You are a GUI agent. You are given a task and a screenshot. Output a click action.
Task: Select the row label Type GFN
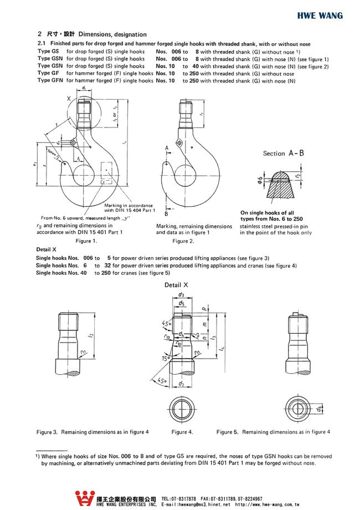pyautogui.click(x=49, y=80)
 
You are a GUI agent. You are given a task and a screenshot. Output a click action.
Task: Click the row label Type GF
pyautogui.click(x=48, y=73)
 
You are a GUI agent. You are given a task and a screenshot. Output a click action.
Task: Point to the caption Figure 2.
pyautogui.click(x=183, y=241)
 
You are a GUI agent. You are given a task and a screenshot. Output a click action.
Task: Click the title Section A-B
pyautogui.click(x=283, y=154)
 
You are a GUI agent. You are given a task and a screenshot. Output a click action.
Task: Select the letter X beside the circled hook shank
pyautogui.click(x=69, y=98)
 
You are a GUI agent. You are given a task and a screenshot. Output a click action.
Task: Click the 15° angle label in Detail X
pyautogui.click(x=166, y=359)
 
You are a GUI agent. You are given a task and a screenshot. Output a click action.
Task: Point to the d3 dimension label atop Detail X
pyautogui.click(x=182, y=295)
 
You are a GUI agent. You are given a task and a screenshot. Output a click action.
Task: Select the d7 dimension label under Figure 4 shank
pyautogui.click(x=181, y=384)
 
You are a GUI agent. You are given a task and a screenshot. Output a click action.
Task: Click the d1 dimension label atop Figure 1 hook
pyautogui.click(x=83, y=88)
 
